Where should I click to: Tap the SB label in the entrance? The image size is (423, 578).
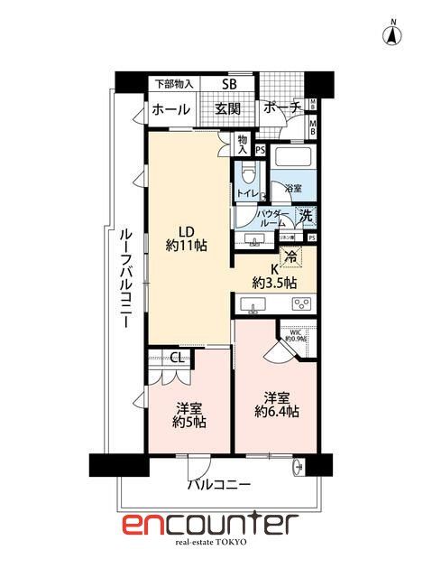(x=231, y=85)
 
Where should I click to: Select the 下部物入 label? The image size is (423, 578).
(x=173, y=84)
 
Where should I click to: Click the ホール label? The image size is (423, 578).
(x=170, y=109)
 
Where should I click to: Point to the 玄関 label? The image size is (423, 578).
(x=227, y=109)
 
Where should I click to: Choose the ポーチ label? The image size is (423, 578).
(x=283, y=108)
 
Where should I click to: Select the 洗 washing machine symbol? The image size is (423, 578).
(x=307, y=217)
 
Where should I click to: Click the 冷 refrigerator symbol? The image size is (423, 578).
(x=290, y=256)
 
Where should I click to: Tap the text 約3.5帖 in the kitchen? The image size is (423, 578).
(x=274, y=283)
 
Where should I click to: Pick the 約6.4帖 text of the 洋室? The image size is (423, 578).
(x=277, y=412)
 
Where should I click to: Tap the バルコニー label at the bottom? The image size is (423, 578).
(x=219, y=485)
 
